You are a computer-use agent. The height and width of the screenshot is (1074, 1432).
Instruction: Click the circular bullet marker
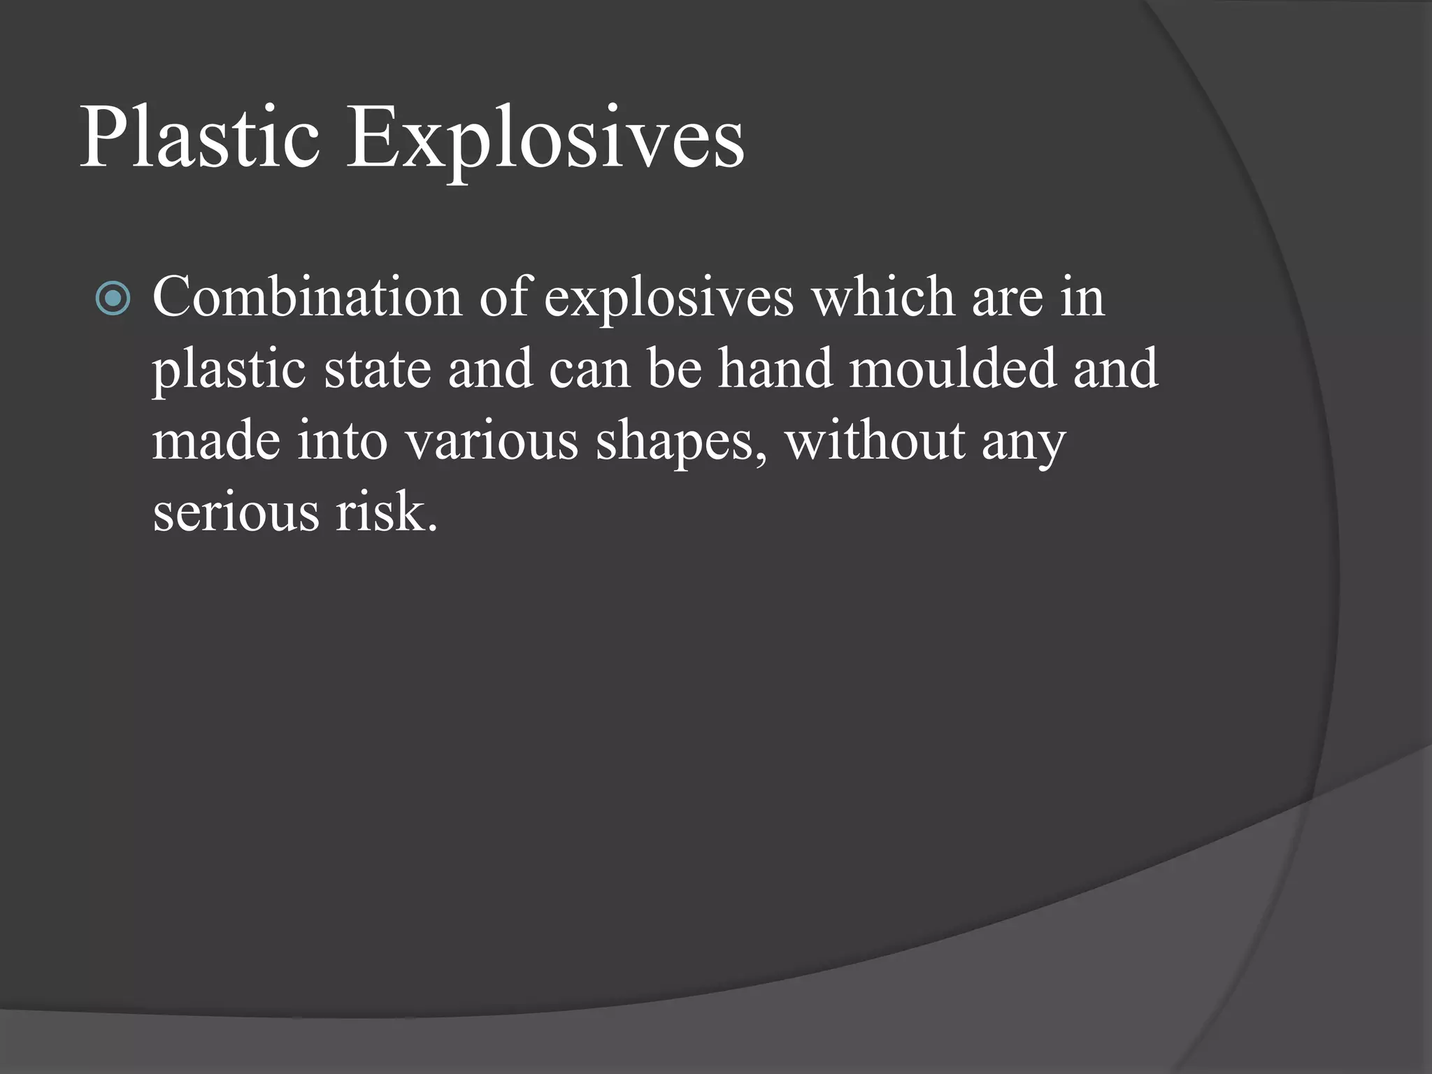tap(113, 299)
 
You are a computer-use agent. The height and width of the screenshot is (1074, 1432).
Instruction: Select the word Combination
tap(307, 296)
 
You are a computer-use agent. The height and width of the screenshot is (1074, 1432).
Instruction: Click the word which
tap(882, 296)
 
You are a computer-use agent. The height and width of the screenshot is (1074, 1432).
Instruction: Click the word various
tap(492, 441)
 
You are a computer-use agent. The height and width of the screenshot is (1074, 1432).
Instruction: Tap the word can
tap(589, 370)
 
